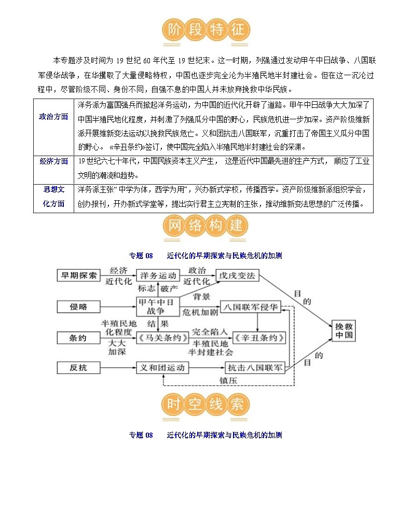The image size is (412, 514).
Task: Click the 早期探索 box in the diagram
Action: pos(79,276)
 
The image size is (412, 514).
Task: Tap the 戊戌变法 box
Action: pos(237,276)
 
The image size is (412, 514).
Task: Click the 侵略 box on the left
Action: pos(79,307)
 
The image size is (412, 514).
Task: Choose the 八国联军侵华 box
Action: pos(251,307)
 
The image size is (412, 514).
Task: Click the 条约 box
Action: pos(79,338)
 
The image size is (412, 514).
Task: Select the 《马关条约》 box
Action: pos(162,338)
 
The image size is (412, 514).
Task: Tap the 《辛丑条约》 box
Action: pos(259,338)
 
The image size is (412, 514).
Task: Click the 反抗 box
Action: pos(79,368)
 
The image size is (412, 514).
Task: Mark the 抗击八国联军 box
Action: pos(255,368)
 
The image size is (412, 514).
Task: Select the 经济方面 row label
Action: pos(53,161)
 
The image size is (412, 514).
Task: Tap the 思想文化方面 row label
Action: pos(53,197)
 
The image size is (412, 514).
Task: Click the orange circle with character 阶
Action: pos(173,30)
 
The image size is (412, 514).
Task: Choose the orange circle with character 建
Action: pos(237,226)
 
